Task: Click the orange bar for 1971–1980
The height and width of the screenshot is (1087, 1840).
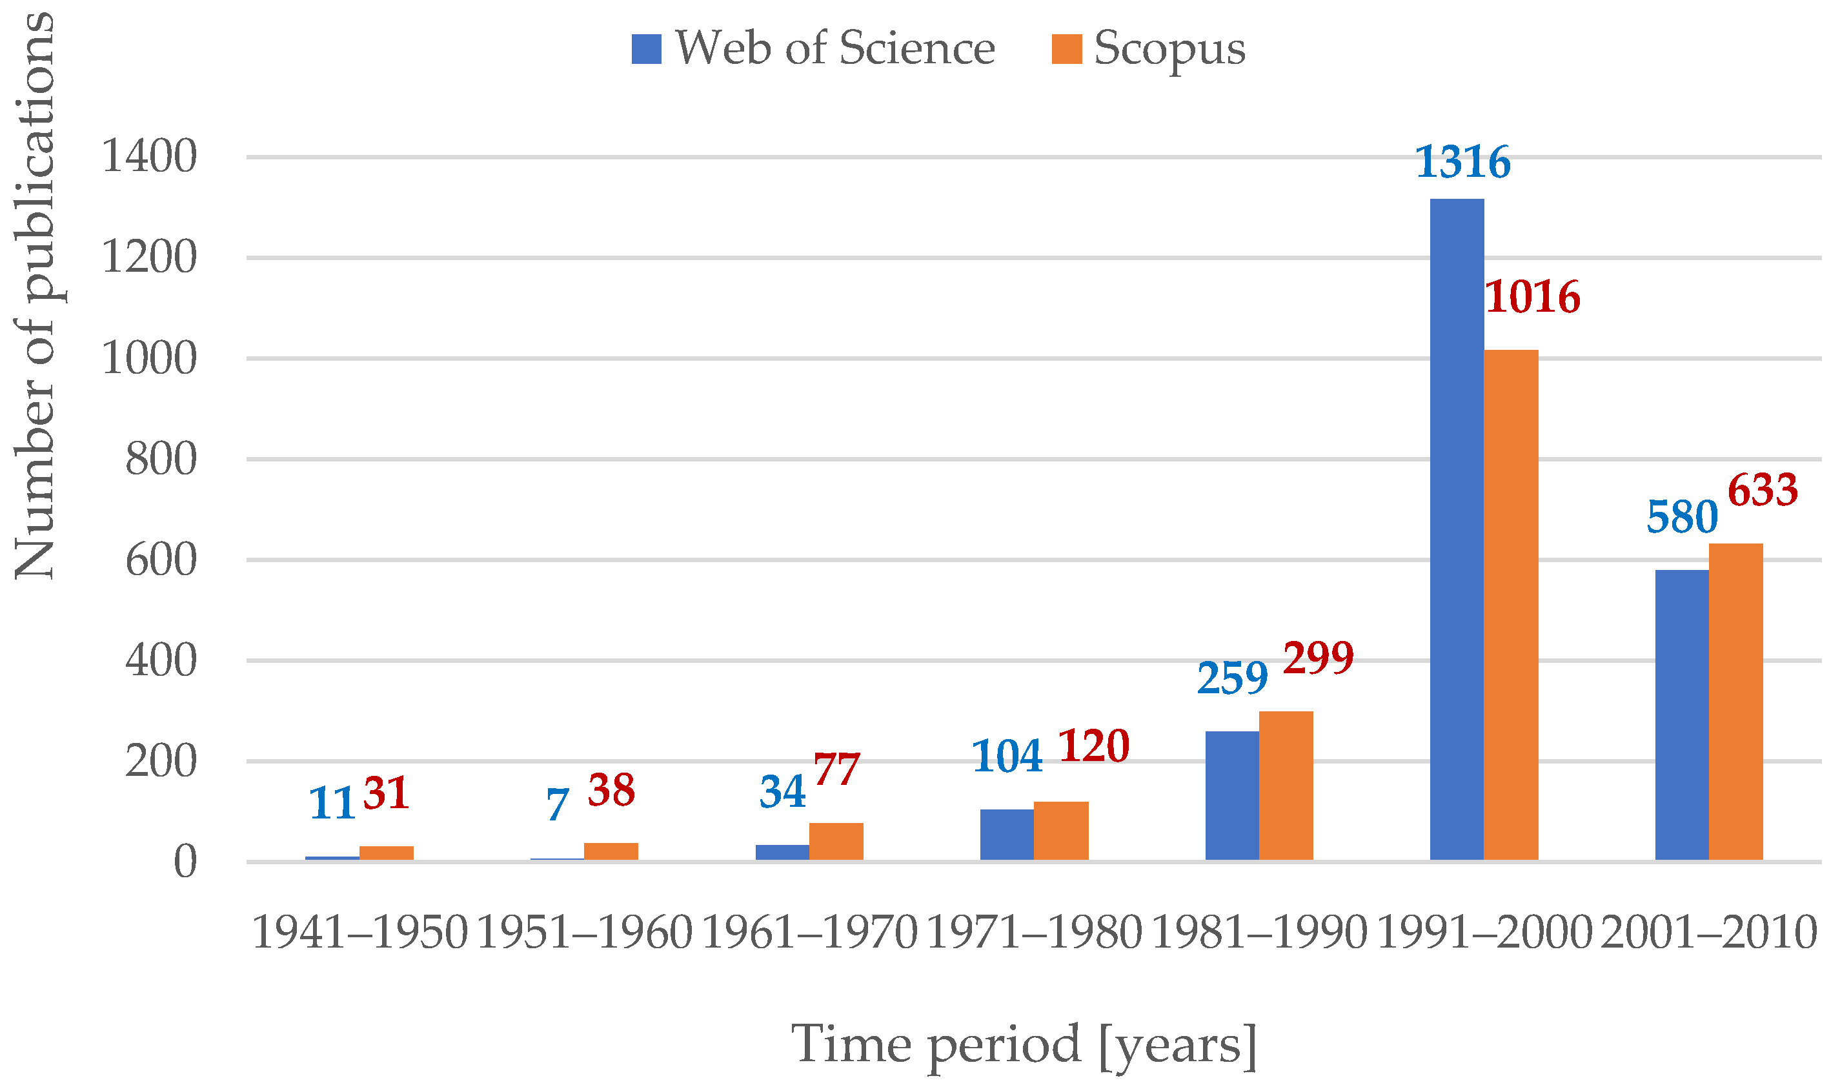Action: tap(1061, 831)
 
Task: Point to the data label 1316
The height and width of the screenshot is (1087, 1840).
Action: tap(1463, 163)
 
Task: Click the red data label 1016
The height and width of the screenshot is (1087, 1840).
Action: tap(1533, 298)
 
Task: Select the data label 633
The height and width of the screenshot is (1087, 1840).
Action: tap(1763, 491)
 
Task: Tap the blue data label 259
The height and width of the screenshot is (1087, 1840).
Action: tap(1232, 678)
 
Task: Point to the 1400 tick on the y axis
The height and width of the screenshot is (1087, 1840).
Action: tap(149, 157)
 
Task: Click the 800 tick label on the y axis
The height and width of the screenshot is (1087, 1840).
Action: tap(161, 460)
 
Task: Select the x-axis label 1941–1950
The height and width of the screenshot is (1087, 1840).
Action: tap(359, 934)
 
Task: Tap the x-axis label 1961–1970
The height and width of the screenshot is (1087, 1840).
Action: tap(809, 934)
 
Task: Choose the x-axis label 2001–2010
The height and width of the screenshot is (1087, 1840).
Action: tap(1709, 934)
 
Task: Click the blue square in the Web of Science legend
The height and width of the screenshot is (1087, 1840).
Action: tap(647, 49)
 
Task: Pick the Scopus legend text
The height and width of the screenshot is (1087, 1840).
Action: tap(1169, 49)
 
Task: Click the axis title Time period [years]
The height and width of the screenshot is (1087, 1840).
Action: tap(1024, 1044)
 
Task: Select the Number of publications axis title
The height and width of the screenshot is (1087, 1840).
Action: tap(35, 297)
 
